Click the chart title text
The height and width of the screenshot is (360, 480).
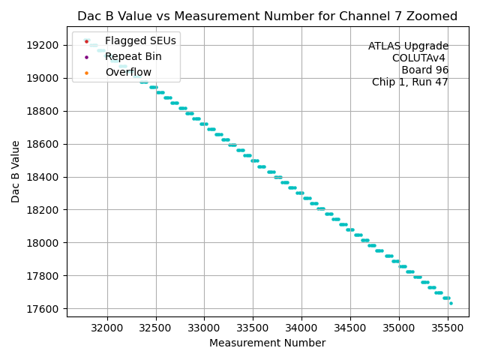pyautogui.click(x=267, y=16)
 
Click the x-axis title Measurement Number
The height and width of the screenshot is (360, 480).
pyautogui.click(x=267, y=343)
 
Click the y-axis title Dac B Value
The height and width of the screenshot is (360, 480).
pyautogui.click(x=16, y=172)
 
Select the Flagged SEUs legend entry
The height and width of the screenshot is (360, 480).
pyautogui.click(x=132, y=40)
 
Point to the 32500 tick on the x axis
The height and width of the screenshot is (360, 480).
pyautogui.click(x=155, y=328)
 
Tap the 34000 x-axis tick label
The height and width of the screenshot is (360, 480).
pyautogui.click(x=301, y=328)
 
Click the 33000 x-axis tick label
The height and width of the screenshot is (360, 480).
pyautogui.click(x=204, y=328)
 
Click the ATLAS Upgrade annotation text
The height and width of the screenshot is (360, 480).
pyautogui.click(x=408, y=46)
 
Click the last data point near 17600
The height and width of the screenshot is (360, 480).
pyautogui.click(x=451, y=304)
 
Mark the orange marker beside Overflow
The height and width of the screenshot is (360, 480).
pyautogui.click(x=87, y=72)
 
